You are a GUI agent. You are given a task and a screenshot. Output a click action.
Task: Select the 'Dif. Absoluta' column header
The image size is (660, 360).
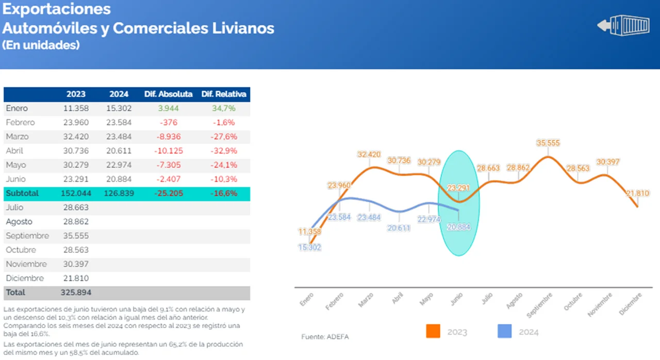click(x=168, y=94)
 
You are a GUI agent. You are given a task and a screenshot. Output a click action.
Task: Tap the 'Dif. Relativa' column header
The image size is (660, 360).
click(x=224, y=94)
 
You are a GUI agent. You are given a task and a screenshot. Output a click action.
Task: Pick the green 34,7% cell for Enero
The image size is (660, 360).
click(x=224, y=108)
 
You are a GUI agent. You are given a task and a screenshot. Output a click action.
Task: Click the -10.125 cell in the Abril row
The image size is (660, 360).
click(x=168, y=151)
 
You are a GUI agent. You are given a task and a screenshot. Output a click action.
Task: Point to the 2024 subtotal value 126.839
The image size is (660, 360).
click(x=121, y=193)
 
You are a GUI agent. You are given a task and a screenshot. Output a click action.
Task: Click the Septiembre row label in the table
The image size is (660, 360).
click(x=27, y=236)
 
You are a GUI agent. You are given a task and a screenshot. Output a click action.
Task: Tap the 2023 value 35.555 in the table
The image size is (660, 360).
click(x=76, y=236)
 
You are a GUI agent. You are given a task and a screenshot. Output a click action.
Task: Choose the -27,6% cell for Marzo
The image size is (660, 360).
click(x=224, y=137)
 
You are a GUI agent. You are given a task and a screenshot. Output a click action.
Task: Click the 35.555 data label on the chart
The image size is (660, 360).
click(x=548, y=143)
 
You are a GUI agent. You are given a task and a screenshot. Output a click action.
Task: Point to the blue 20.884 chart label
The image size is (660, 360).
click(x=458, y=226)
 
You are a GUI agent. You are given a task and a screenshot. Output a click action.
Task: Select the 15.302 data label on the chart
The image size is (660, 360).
click(x=309, y=247)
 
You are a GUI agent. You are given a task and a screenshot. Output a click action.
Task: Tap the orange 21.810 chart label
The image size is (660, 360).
click(x=638, y=193)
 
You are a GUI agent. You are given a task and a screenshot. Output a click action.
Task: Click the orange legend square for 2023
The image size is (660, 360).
click(x=433, y=331)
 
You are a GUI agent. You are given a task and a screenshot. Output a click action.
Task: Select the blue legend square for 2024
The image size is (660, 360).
click(x=504, y=331)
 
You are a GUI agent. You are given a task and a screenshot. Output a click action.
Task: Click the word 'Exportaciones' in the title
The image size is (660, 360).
click(x=57, y=9)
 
